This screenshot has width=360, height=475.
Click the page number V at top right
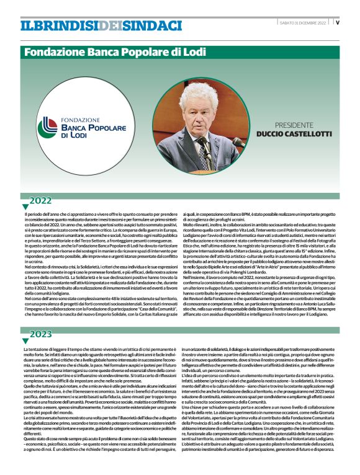[x=337, y=22]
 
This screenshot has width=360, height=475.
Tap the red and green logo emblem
[x=48, y=127]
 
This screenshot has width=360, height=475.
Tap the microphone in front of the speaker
[x=236, y=143]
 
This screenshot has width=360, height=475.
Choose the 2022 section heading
[x=40, y=200]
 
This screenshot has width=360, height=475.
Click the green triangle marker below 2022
[x=25, y=206]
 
